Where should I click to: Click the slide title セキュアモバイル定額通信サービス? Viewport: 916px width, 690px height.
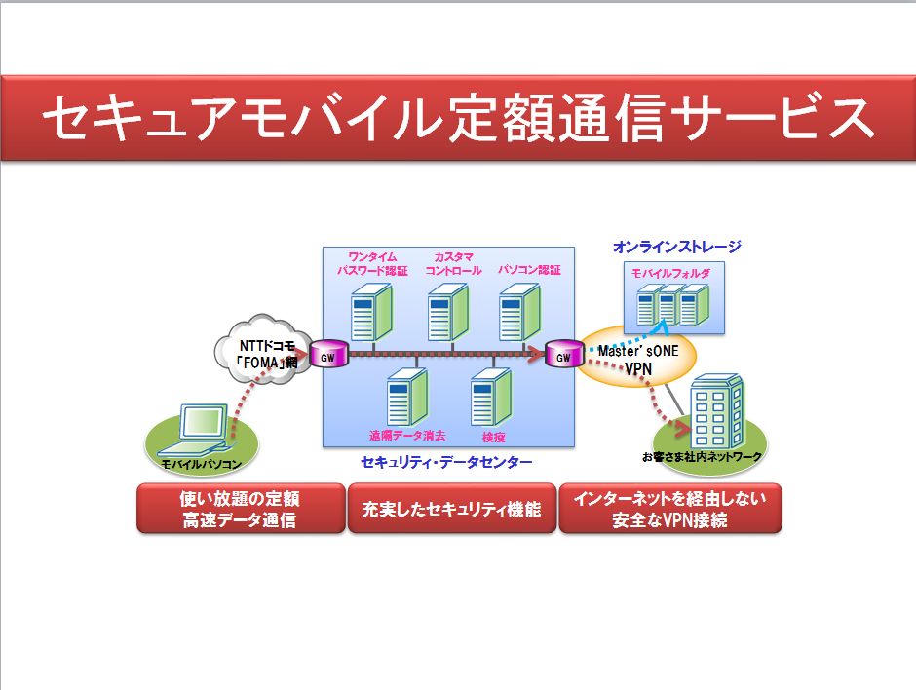(458, 119)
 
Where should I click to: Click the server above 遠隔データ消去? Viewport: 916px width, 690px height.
(405, 398)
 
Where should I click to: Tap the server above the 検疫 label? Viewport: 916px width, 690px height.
(490, 398)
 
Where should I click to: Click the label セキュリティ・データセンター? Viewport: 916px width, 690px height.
(446, 461)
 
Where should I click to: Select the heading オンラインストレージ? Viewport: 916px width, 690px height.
(676, 247)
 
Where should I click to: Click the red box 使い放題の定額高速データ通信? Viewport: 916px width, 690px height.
(240, 509)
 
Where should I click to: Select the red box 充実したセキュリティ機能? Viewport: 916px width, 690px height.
(451, 509)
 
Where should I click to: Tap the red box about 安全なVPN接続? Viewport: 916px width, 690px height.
(669, 509)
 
